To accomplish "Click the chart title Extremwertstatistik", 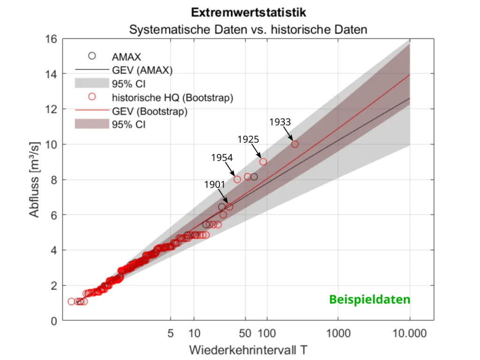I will click(248, 12).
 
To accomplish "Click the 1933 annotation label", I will click(280, 122).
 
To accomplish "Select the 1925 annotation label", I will click(248, 139).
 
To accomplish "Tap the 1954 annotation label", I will click(222, 157).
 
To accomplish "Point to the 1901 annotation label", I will click(215, 184).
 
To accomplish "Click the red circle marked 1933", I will click(295, 144).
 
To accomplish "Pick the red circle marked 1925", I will click(263, 162).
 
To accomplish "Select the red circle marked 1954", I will click(237, 179).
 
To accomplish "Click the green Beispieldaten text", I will click(369, 300).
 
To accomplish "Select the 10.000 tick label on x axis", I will click(410, 334).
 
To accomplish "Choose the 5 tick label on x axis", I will click(171, 334).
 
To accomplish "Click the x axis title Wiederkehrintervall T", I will click(248, 350).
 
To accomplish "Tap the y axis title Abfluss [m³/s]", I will click(34, 180).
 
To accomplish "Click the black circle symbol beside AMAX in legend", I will click(92, 56).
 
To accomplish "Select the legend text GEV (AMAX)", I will click(142, 71).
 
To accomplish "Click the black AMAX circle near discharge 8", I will click(254, 177).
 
